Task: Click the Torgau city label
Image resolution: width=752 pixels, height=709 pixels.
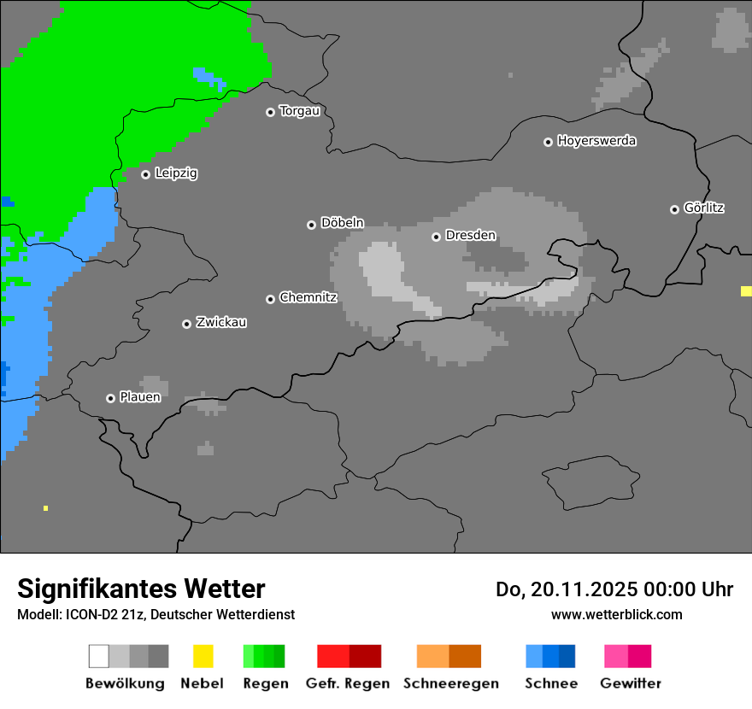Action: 299,111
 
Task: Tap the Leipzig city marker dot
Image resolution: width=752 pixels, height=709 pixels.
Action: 145,174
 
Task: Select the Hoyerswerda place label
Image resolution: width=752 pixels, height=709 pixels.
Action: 596,141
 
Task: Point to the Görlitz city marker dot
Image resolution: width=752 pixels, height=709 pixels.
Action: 674,209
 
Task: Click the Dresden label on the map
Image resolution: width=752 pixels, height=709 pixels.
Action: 470,236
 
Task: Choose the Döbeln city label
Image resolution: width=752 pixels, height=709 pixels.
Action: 342,223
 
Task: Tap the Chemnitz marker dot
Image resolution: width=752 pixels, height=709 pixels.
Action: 270,299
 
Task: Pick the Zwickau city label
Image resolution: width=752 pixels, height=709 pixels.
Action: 221,323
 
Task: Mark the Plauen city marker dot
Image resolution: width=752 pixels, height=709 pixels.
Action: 110,398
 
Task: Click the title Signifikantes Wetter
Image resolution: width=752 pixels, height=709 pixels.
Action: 141,589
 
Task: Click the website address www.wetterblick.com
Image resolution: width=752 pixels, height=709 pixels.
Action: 616,615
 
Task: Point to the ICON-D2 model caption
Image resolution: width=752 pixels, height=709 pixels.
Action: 156,615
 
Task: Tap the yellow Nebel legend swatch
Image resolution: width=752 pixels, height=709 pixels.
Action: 203,656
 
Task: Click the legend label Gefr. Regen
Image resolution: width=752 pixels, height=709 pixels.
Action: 348,683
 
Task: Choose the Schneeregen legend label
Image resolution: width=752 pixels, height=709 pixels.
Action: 450,683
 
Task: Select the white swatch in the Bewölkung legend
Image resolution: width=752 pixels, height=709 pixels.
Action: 99,656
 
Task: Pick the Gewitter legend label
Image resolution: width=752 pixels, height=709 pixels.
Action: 631,683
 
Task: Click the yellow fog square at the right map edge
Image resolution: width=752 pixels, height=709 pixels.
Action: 746,291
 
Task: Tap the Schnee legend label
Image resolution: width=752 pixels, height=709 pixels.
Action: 551,683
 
